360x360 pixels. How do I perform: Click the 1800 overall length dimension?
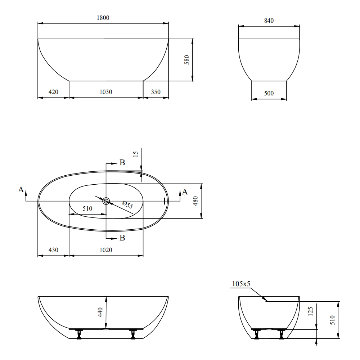[103, 18]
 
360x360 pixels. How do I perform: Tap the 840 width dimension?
[269, 21]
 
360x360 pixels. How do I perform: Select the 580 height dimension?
[187, 60]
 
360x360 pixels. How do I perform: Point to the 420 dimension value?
[53, 92]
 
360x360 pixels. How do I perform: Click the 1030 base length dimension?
[106, 92]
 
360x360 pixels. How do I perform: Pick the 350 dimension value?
[156, 92]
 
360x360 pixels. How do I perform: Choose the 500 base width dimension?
[269, 93]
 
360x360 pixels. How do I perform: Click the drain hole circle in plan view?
[106, 201]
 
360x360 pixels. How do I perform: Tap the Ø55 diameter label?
[128, 204]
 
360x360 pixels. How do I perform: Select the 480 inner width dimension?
[195, 201]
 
